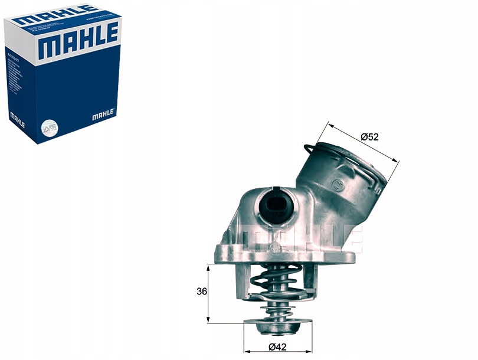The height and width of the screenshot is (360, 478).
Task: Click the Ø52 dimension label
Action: click(x=369, y=137)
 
